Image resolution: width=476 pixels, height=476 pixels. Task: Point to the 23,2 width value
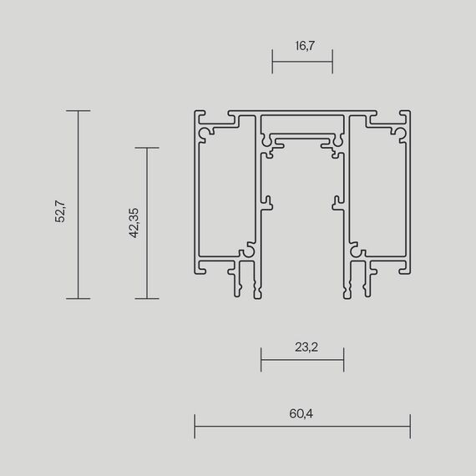pos(302,347)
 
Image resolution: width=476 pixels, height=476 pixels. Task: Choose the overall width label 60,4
pos(302,413)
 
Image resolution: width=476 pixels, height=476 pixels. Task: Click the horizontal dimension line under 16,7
pos(302,61)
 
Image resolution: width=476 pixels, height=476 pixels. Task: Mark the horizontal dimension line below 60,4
pos(302,426)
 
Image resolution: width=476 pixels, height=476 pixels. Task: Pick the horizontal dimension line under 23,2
pos(302,361)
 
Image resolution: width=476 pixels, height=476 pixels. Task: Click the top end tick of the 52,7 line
pos(78,110)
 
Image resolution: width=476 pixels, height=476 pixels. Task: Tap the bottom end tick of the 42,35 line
pos(147,298)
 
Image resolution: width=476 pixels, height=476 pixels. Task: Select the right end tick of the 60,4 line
pos(410,426)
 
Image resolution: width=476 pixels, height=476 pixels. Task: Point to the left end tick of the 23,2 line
pos(261,361)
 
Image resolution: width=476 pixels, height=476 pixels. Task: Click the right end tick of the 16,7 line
pos(332,61)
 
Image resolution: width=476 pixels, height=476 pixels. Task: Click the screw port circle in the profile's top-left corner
pos(203,131)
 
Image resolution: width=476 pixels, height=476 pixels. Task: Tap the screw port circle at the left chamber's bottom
pos(248,250)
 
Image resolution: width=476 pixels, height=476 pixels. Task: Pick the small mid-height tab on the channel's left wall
pos(269,200)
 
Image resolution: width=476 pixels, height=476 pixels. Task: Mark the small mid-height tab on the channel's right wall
pos(336,200)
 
